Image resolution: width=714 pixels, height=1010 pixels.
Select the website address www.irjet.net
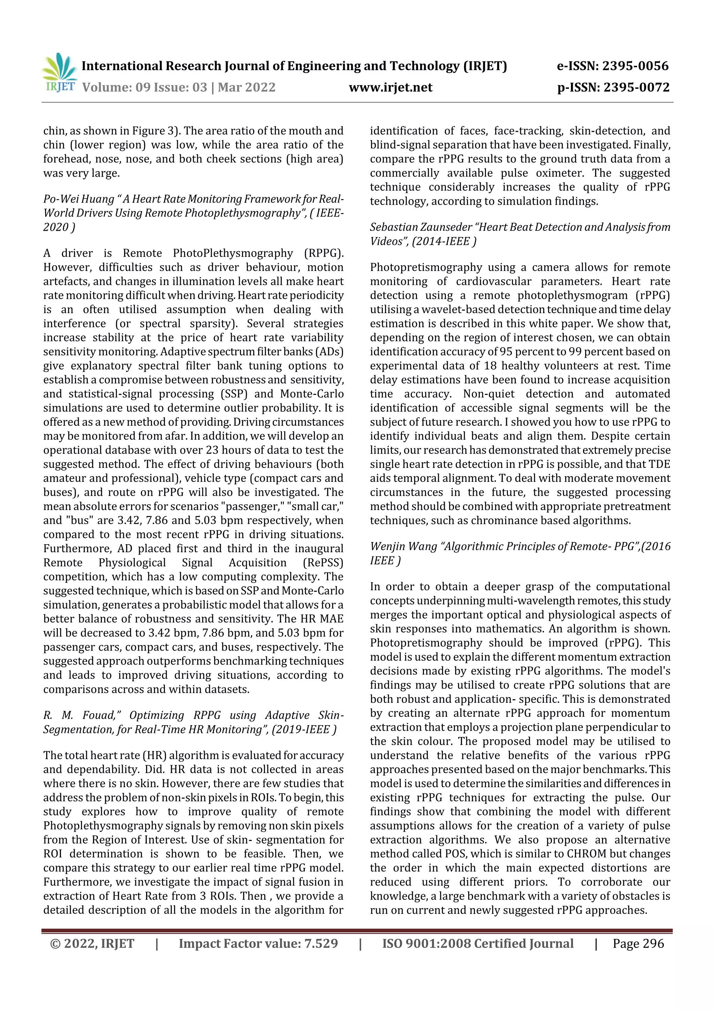click(390, 88)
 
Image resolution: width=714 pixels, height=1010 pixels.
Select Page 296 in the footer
click(638, 943)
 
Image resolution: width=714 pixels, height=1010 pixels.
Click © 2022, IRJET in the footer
click(92, 943)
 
